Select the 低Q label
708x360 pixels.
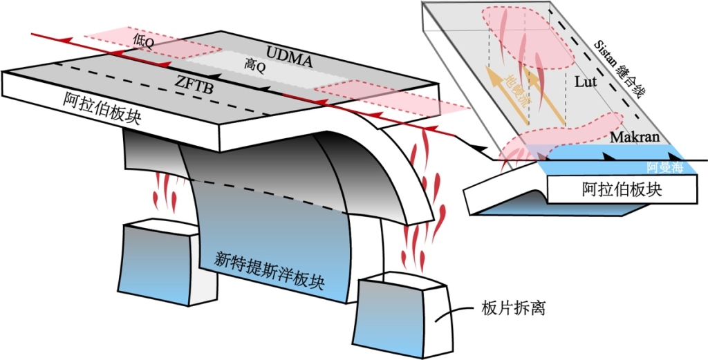coord(143,40)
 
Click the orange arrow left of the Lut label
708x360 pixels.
coord(543,97)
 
